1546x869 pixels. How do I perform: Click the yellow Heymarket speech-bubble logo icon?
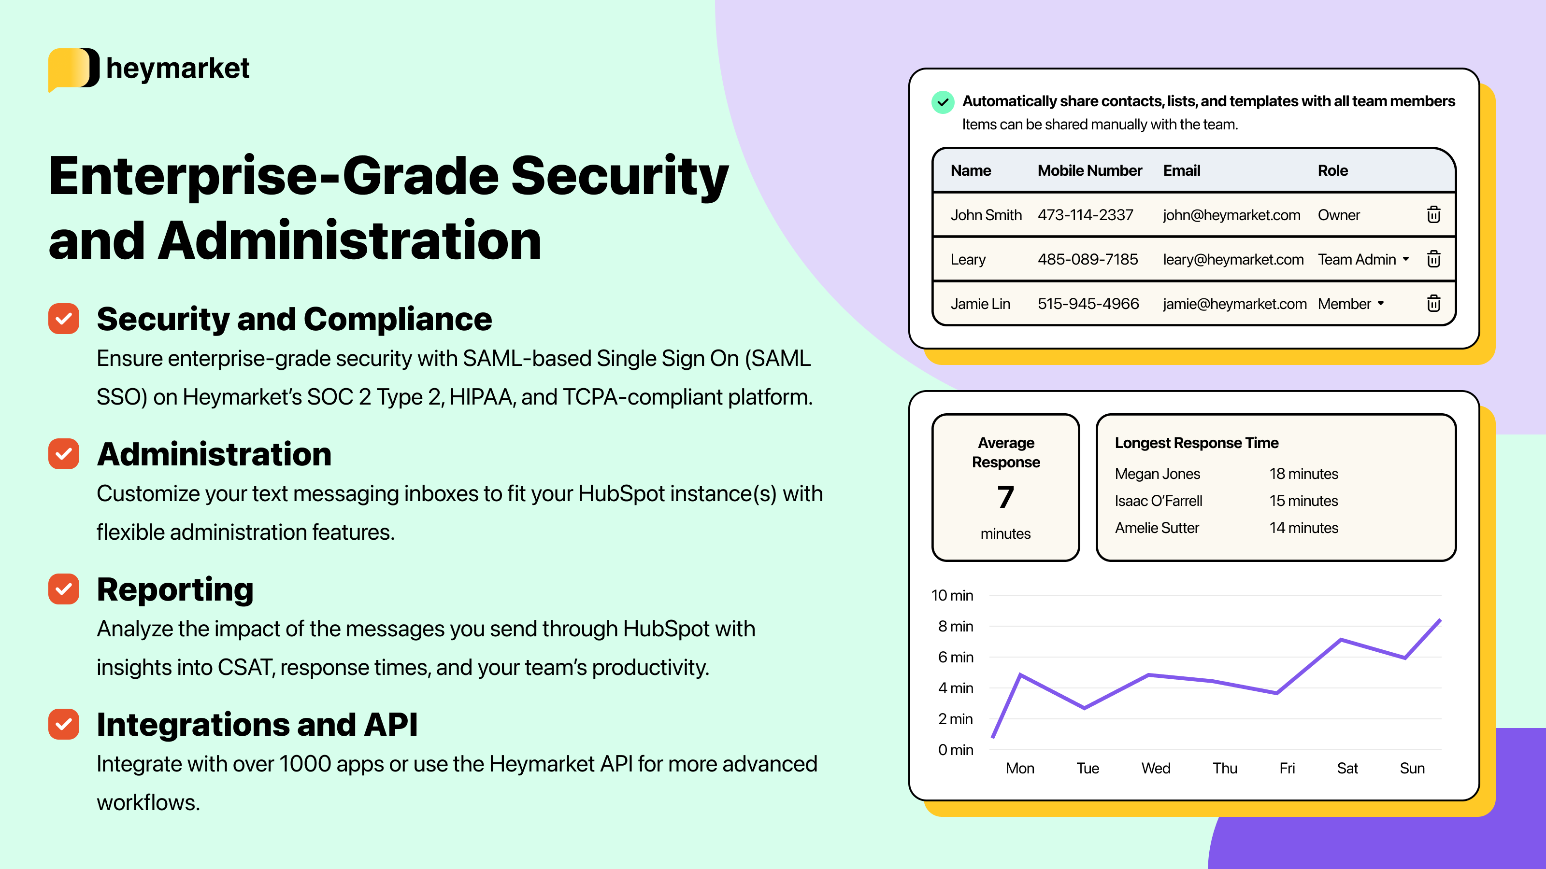pyautogui.click(x=72, y=69)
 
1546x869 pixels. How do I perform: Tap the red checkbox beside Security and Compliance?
pyautogui.click(x=64, y=319)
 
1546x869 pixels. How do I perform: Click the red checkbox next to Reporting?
pyautogui.click(x=64, y=589)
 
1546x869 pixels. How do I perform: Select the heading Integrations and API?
pyautogui.click(x=257, y=725)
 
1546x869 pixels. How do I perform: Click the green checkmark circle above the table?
pyautogui.click(x=942, y=102)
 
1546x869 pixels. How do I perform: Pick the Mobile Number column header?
pyautogui.click(x=1089, y=171)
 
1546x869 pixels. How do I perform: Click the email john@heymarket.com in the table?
pyautogui.click(x=1231, y=215)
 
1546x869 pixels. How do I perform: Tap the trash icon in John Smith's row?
pyautogui.click(x=1433, y=215)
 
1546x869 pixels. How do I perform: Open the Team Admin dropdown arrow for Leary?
pyautogui.click(x=1405, y=259)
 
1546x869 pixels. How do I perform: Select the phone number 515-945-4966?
pyautogui.click(x=1088, y=304)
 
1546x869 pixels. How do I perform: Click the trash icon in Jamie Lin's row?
pyautogui.click(x=1433, y=304)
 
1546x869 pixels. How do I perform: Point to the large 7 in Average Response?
pyautogui.click(x=1005, y=497)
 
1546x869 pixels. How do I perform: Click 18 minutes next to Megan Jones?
pyautogui.click(x=1303, y=474)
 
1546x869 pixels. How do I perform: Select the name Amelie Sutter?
pyautogui.click(x=1157, y=528)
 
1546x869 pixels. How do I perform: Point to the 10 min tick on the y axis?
pyautogui.click(x=952, y=596)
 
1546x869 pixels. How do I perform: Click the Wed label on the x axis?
pyautogui.click(x=1155, y=768)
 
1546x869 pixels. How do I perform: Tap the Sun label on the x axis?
pyautogui.click(x=1412, y=768)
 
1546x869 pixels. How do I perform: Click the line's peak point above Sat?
pyautogui.click(x=1341, y=640)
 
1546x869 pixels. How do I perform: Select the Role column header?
pyautogui.click(x=1332, y=171)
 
